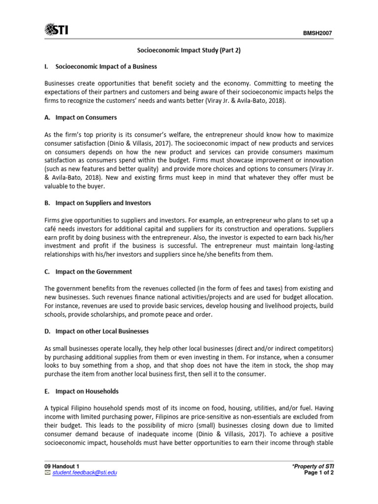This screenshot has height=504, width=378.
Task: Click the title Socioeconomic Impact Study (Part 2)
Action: (189, 51)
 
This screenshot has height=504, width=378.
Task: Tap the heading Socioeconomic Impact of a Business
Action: (106, 66)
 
